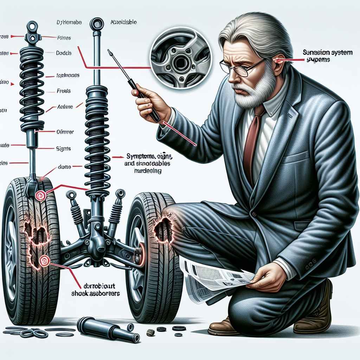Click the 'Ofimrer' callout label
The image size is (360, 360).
(65, 132)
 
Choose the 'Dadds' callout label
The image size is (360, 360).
(64, 53)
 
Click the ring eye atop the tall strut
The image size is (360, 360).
(96, 24)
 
